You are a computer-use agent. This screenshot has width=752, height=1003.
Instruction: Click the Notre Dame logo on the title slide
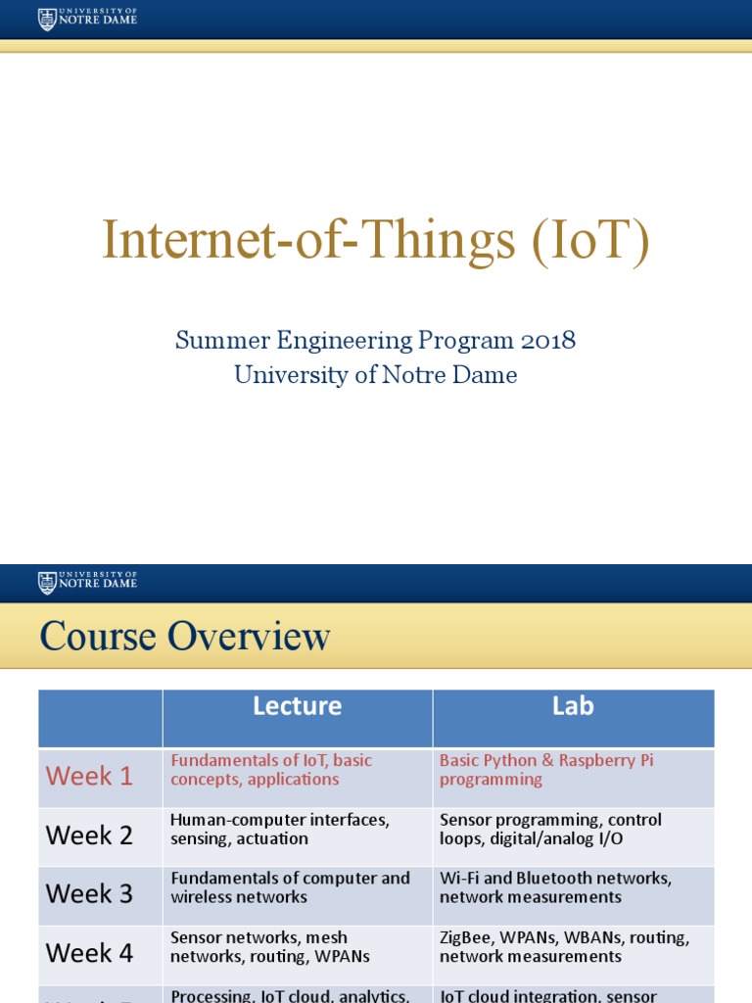click(x=87, y=19)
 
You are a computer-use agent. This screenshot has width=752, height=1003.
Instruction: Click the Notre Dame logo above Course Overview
click(x=87, y=582)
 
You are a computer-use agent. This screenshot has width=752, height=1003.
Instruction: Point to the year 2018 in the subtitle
click(x=547, y=341)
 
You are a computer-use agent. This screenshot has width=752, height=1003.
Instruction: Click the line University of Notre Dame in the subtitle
click(x=375, y=374)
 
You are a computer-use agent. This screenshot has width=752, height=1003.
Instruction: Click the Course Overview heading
click(x=185, y=637)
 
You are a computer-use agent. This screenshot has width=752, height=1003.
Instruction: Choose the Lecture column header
click(x=297, y=706)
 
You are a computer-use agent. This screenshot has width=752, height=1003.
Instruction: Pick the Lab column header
click(x=573, y=706)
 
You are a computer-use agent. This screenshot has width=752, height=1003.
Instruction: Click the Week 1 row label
click(x=89, y=776)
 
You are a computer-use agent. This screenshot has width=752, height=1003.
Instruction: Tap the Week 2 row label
click(x=89, y=836)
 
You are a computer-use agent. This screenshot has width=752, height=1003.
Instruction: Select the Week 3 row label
click(x=89, y=893)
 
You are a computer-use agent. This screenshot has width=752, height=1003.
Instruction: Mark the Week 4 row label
click(x=89, y=952)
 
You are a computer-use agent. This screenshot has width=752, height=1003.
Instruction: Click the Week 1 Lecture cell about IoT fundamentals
click(x=271, y=770)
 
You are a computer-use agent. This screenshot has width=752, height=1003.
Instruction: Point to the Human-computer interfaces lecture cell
click(x=280, y=829)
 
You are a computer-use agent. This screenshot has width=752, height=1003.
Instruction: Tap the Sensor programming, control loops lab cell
click(x=550, y=829)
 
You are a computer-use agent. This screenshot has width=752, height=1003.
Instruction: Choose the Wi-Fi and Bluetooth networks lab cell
click(x=555, y=887)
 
